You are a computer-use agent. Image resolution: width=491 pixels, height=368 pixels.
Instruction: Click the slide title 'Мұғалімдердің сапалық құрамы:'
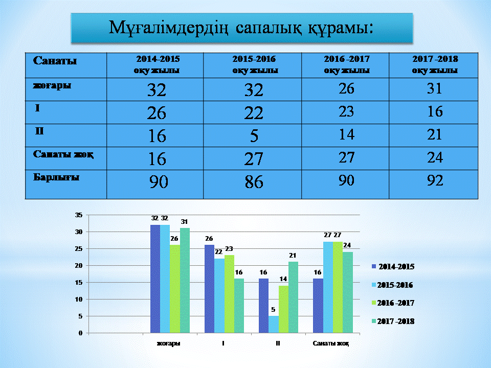click(241, 28)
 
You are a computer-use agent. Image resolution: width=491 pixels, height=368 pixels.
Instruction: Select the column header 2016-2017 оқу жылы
click(347, 64)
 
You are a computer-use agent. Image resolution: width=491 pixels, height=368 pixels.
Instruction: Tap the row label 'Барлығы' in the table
click(56, 177)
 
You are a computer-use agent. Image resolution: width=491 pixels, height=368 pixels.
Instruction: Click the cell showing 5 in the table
click(254, 136)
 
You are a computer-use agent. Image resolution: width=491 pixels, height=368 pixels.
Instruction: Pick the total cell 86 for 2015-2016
click(254, 182)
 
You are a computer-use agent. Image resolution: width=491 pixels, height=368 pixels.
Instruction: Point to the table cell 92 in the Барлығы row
click(435, 180)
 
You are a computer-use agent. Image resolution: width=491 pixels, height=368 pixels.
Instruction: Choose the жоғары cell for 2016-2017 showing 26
click(346, 88)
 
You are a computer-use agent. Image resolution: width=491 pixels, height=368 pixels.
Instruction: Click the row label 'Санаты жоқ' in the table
click(63, 154)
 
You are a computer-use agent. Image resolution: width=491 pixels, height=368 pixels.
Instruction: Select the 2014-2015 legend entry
click(393, 267)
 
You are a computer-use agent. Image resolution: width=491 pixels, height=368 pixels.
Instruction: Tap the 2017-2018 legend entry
click(393, 321)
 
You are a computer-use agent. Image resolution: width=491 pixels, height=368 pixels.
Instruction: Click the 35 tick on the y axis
click(79, 215)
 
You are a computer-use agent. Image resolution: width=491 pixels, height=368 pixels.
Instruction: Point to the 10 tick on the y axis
click(79, 299)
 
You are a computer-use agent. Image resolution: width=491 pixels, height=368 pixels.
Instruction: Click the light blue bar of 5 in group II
click(273, 324)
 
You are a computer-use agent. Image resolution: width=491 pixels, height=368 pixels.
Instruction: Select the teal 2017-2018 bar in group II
click(293, 297)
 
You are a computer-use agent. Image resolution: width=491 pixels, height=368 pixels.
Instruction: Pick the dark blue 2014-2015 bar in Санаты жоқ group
click(318, 306)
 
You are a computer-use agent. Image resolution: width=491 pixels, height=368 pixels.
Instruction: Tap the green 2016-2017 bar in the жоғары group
click(175, 289)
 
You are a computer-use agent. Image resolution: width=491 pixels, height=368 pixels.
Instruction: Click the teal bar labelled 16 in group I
click(239, 306)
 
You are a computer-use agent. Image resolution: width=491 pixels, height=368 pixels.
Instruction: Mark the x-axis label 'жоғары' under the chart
click(168, 343)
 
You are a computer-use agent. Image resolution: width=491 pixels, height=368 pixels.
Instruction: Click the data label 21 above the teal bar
click(293, 256)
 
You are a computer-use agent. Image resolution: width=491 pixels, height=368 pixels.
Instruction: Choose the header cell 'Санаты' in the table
click(55, 60)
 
